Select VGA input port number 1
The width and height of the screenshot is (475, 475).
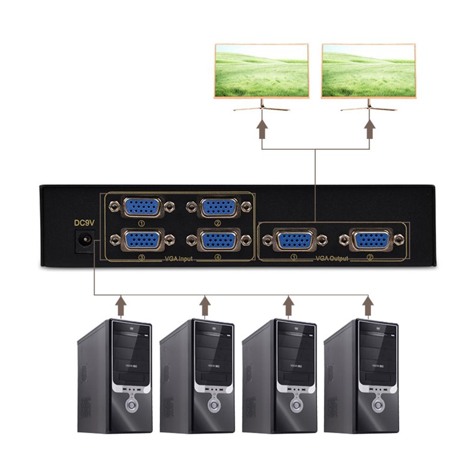click(142, 207)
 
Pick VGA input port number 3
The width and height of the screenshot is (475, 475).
click(142, 239)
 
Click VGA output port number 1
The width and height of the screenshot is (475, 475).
click(295, 240)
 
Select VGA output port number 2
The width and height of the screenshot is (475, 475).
click(371, 240)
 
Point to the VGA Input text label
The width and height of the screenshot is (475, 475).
click(179, 258)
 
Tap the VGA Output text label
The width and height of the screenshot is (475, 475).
click(332, 258)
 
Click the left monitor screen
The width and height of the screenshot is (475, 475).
click(262, 71)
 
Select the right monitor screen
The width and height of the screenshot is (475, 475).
click(369, 71)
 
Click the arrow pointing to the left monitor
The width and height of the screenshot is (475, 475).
click(262, 128)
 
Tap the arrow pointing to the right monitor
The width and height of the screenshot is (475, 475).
click(370, 128)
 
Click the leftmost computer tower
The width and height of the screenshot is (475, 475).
click(115, 376)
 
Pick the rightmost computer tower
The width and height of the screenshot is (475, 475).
click(361, 376)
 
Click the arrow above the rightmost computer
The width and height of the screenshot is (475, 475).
click(368, 307)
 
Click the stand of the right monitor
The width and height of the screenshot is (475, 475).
click(369, 106)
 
